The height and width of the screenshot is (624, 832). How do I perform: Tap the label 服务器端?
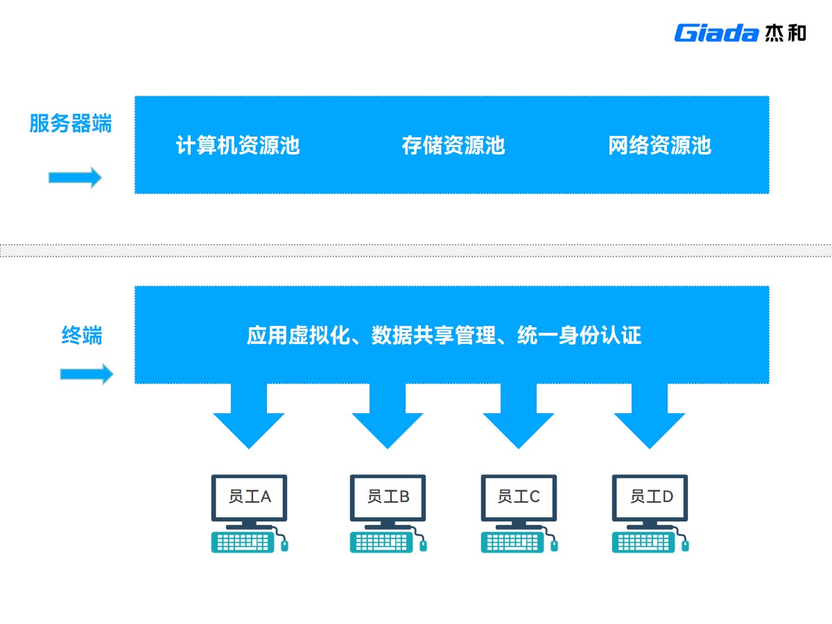tap(70, 123)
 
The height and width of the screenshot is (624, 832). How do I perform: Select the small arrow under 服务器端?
tap(75, 177)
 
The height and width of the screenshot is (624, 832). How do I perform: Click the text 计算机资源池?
tap(238, 146)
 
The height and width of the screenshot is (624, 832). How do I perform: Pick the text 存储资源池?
tap(453, 146)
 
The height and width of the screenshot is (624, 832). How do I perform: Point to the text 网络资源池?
tap(659, 146)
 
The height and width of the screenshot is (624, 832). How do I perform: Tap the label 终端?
tap(82, 336)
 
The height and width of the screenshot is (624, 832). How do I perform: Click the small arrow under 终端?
tap(86, 374)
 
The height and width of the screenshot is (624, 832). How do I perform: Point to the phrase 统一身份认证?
tap(579, 336)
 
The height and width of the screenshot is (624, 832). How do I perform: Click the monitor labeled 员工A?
tap(249, 497)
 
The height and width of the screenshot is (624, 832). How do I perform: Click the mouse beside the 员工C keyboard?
tap(553, 545)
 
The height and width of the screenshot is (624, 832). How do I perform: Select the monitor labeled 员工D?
tap(650, 497)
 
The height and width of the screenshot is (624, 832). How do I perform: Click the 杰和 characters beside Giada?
tap(786, 33)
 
